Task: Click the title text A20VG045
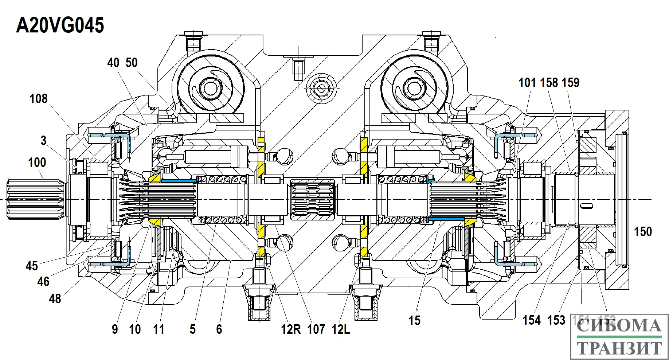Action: (x=60, y=26)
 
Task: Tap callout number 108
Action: (x=38, y=99)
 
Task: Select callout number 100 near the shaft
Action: (x=37, y=163)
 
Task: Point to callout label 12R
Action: (x=290, y=329)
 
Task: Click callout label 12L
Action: (x=341, y=329)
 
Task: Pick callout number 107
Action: (x=316, y=329)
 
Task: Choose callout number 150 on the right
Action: (x=643, y=232)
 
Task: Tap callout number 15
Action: (x=414, y=321)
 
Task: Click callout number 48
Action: (x=55, y=299)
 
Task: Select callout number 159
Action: (x=570, y=83)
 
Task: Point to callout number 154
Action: (x=532, y=320)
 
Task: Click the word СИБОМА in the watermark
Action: (x=619, y=325)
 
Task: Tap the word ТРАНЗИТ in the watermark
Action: (x=619, y=348)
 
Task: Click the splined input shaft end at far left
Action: (x=35, y=199)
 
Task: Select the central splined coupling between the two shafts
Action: (x=313, y=199)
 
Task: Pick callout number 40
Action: (x=113, y=63)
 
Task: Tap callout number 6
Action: (x=219, y=329)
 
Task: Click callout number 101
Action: (x=527, y=83)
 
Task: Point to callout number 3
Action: (x=44, y=141)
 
